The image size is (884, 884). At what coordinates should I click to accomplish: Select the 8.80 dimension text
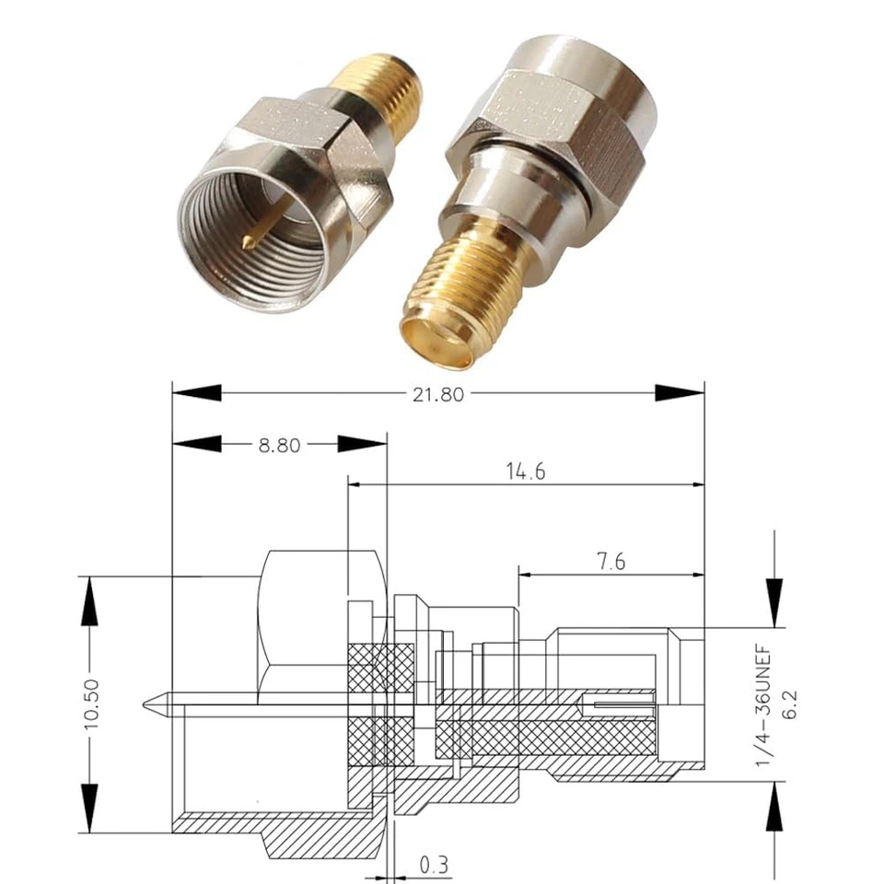[279, 445]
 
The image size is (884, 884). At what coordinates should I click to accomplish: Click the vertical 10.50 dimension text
[90, 705]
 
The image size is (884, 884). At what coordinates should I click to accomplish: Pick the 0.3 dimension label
[435, 865]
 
